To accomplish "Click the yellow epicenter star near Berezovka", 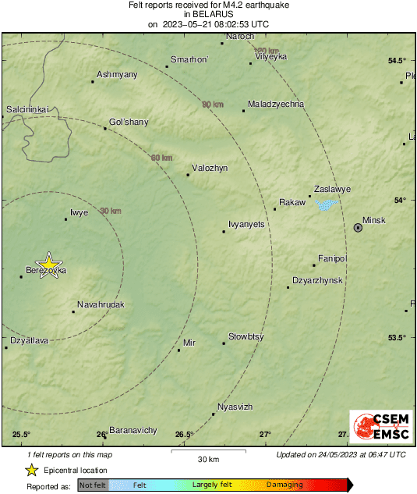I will [x=49, y=264].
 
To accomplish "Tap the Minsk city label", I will [x=375, y=220].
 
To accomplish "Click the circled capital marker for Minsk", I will [x=358, y=228].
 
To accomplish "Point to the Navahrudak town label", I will [x=101, y=304].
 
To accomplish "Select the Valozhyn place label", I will [x=210, y=168].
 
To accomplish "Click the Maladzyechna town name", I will [x=275, y=104].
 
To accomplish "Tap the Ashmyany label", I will [x=116, y=74].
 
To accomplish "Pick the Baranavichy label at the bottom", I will [x=133, y=430].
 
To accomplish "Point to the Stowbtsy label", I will [x=246, y=336].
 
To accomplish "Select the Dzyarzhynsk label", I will [x=317, y=279].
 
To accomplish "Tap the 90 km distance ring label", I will [x=212, y=104].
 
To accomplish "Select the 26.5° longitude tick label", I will [x=185, y=435].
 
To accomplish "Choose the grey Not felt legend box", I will [x=93, y=485].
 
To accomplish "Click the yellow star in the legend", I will [x=31, y=470].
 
